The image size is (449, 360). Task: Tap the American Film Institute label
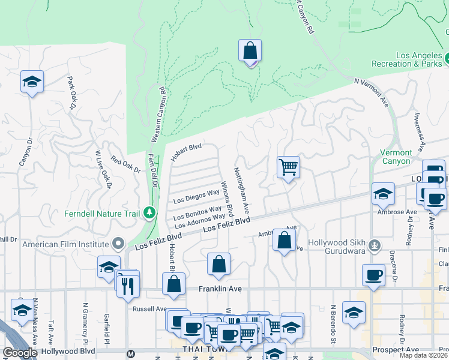coord(66,244)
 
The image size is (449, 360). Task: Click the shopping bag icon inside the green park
coord(250,52)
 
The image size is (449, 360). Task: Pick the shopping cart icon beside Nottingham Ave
coord(288,167)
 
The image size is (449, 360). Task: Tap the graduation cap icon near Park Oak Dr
coord(32,82)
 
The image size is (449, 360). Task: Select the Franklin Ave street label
coord(220,289)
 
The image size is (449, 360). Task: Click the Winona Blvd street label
coord(226,199)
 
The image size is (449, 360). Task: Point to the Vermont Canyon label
coord(396,157)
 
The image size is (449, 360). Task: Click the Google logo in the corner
coord(20,353)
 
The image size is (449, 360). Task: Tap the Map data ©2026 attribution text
coord(423,355)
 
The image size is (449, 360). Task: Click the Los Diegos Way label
coord(196,195)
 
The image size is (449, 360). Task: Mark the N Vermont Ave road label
coord(372,93)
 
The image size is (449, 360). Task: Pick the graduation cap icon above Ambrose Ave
coord(383,193)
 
